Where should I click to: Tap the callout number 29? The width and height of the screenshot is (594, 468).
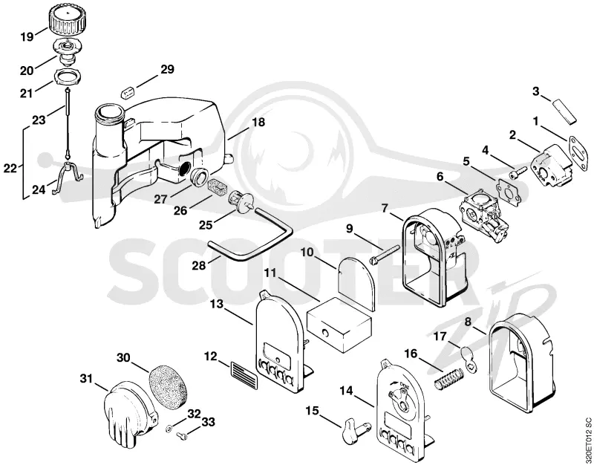click(x=167, y=69)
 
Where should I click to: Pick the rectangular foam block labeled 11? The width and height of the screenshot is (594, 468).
click(x=339, y=325)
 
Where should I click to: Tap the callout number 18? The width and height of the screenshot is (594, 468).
click(x=258, y=123)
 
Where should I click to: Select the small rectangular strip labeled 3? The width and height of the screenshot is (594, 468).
click(x=564, y=111)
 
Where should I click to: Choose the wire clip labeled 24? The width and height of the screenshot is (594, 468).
click(x=68, y=176)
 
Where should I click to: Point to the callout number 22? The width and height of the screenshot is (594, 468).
click(x=10, y=168)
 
